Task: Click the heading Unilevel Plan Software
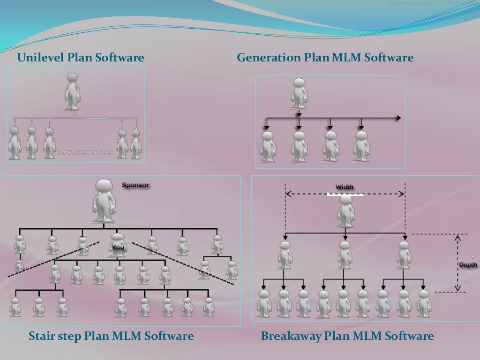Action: pos(81,58)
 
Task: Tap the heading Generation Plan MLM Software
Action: pos(325,58)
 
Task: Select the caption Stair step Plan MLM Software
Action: pos(111,336)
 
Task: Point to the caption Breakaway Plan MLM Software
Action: pos(347,336)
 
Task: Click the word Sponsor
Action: pos(135,185)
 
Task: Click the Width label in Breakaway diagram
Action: pos(345,187)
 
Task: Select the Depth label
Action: pos(467,265)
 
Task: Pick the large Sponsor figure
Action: pos(104,200)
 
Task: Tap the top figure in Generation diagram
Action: pos(299,94)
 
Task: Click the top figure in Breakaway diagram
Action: pos(345,210)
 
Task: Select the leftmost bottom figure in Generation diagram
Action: pos(268,146)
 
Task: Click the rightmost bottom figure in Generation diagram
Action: pos(361,146)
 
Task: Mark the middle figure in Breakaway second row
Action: pos(345,255)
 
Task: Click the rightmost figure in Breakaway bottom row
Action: pos(424,303)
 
